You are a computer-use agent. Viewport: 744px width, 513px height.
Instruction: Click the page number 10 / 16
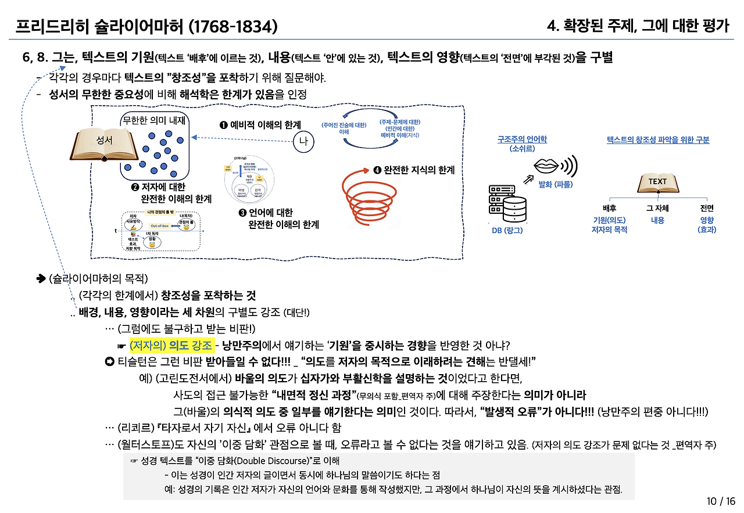coord(721,501)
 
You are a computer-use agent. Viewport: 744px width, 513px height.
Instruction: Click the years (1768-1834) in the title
coord(235,26)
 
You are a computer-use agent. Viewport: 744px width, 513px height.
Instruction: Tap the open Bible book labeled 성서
coord(104,142)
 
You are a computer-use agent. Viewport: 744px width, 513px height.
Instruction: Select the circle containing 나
coord(303,141)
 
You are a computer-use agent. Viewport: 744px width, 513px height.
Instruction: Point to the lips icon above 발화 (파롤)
coord(546,166)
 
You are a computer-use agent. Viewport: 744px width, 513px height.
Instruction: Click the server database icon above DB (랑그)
coord(507,204)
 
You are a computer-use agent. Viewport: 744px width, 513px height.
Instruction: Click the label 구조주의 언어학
coord(521,139)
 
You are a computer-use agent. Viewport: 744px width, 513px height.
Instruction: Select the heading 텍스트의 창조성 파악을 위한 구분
coord(658,140)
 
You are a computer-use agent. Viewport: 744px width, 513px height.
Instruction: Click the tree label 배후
coord(609,208)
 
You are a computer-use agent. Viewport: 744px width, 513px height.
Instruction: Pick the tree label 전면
coord(707,208)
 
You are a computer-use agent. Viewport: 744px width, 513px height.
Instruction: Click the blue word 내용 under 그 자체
coord(657,220)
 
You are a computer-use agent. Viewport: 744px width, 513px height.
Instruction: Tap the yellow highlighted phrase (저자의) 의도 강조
coord(171,345)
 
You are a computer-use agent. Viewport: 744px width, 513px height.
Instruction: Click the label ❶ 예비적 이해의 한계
coord(259,125)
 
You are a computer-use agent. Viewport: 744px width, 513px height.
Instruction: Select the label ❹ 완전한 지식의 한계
coord(413,170)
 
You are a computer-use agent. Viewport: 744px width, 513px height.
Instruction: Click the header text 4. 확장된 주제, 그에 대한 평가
coord(638,26)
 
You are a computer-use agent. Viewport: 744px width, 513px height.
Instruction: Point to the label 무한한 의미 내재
coord(154,121)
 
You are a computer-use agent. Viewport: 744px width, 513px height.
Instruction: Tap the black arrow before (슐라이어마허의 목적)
coord(41,278)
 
